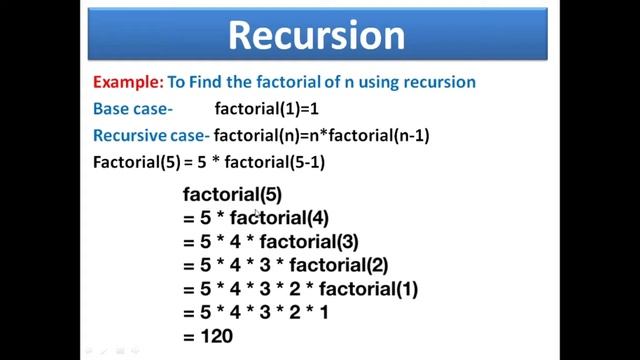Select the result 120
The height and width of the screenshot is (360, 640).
215,337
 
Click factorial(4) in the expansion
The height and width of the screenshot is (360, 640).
279,217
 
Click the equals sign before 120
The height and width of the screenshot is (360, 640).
188,337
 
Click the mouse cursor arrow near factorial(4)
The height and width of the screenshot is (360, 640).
257,213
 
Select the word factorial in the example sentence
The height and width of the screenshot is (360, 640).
285,82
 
